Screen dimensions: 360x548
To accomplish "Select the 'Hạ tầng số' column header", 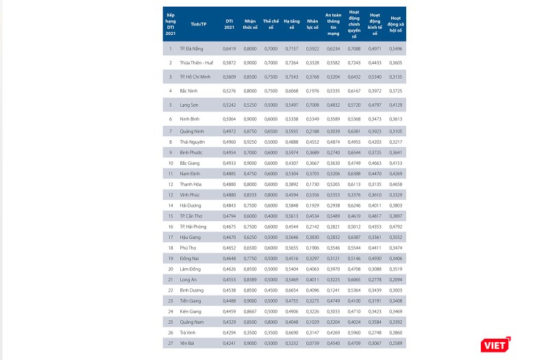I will (292, 24).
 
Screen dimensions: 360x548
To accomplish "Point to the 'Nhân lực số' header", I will (312, 24).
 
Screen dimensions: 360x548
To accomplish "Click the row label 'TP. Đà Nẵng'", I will (192, 49).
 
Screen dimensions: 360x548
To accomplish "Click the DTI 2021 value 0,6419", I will (229, 49).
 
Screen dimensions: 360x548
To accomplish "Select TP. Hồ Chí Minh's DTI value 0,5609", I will (229, 77).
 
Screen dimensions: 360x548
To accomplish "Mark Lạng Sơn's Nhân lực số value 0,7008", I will (312, 105).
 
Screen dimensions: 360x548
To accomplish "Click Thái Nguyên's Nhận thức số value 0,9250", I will (251, 142).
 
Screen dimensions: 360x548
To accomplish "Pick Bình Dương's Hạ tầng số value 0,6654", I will (292, 290).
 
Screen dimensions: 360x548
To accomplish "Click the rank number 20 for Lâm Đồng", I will (171, 269).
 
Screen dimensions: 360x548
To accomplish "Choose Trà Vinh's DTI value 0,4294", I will (229, 331).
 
